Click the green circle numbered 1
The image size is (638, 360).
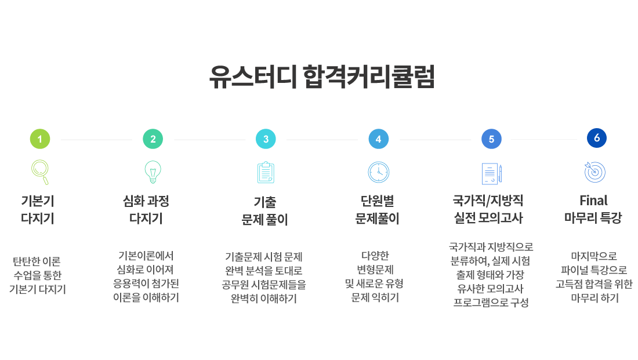tap(40, 139)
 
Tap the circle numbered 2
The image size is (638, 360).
tap(153, 139)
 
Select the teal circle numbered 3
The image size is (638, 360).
tap(266, 139)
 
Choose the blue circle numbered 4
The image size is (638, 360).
tap(379, 139)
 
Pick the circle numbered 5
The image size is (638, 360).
tap(491, 139)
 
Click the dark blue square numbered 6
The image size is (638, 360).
tap(596, 138)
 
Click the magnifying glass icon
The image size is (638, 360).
tap(40, 172)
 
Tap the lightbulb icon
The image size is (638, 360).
tap(153, 172)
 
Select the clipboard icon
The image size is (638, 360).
tap(266, 172)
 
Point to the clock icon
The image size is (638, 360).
tap(379, 172)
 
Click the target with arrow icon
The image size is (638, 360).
tap(595, 172)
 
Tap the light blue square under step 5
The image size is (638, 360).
tap(491, 174)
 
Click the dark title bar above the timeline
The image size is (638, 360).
tap(321, 76)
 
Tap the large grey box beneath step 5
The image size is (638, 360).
tap(491, 275)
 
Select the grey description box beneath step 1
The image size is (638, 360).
tap(37, 275)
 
